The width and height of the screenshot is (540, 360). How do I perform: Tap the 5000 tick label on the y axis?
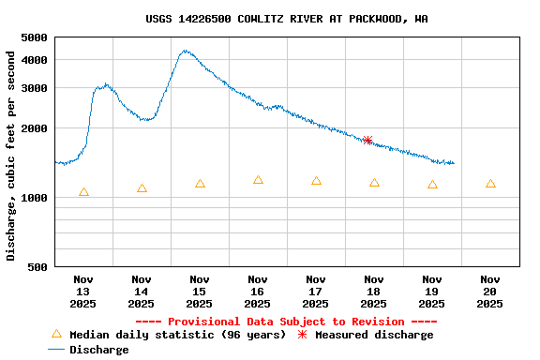(34, 37)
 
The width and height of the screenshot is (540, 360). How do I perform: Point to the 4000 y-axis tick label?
(34, 60)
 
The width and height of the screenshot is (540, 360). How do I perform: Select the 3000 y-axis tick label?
(34, 88)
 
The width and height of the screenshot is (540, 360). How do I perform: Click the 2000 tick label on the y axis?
(34, 128)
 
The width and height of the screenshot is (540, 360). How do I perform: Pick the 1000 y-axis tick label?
(34, 198)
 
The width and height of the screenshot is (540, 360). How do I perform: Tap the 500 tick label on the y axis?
(37, 267)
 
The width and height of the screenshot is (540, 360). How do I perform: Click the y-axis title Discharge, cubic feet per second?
(11, 156)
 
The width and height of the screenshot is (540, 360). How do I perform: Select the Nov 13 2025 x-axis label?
(83, 291)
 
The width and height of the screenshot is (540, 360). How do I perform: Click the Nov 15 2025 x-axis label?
(200, 291)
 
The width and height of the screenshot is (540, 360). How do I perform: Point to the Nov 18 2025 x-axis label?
(374, 291)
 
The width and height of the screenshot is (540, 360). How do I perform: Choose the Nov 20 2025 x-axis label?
(490, 291)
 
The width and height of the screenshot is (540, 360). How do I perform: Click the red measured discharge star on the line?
(367, 140)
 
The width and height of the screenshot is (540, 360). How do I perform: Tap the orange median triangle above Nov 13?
(83, 192)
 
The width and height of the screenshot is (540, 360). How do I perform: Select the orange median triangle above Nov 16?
(258, 179)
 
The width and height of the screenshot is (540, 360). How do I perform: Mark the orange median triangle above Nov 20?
(490, 184)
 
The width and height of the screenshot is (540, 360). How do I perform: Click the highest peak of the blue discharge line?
(186, 51)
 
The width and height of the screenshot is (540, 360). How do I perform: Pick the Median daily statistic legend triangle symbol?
(56, 334)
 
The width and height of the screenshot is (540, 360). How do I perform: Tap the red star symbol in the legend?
(302, 334)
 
